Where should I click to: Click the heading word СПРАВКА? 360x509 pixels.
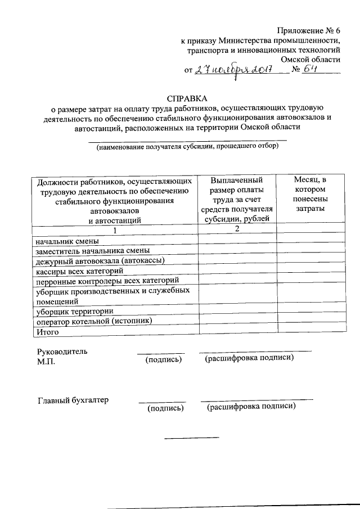(x=183, y=97)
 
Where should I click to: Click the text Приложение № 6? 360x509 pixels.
(x=308, y=30)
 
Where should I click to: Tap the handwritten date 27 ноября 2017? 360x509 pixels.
(x=233, y=71)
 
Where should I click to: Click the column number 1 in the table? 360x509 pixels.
(x=115, y=230)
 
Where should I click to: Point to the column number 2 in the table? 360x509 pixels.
(x=237, y=228)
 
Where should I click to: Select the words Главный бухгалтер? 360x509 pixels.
(x=73, y=400)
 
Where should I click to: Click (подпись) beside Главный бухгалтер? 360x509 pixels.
(x=165, y=409)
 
